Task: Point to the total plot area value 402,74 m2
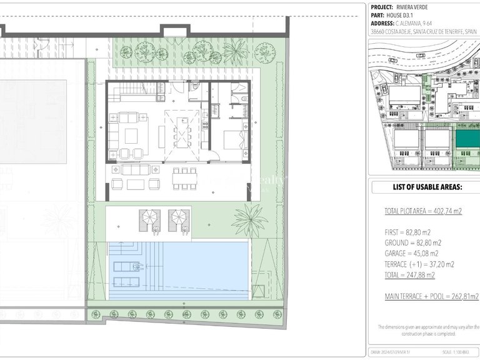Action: point(445,212)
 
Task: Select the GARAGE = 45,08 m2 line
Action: point(412,254)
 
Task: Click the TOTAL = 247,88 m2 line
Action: point(410,275)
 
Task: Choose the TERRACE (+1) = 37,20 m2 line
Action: point(419,264)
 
